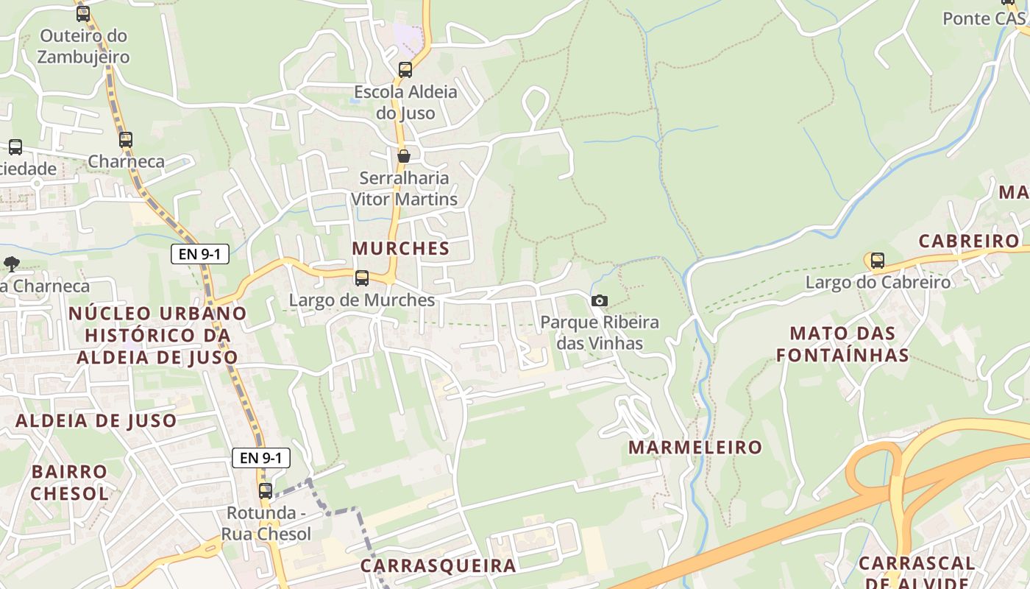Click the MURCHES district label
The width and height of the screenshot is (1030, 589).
(401, 248)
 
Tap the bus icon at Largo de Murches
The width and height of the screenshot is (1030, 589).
(361, 278)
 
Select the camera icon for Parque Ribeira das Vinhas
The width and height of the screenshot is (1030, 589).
(600, 300)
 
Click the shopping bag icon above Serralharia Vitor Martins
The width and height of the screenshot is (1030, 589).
(403, 156)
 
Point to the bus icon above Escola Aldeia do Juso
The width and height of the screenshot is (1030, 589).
(405, 70)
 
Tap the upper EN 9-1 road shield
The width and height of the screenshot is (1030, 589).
(199, 254)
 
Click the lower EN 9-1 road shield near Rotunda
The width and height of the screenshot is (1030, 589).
(261, 457)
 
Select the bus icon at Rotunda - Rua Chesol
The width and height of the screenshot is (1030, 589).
(265, 490)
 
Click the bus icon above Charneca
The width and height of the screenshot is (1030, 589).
(126, 139)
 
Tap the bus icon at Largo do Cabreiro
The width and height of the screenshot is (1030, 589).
(877, 260)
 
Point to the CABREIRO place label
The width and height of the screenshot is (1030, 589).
(969, 241)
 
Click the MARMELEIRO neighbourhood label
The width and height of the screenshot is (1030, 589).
(695, 447)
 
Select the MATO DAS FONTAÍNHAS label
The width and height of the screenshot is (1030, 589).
(842, 344)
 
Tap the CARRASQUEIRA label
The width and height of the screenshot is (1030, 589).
(438, 565)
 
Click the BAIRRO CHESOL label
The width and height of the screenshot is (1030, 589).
(69, 482)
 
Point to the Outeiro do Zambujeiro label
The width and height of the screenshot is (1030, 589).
(83, 46)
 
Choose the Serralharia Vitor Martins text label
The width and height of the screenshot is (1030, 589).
(404, 188)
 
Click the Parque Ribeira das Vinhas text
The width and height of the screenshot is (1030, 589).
(600, 333)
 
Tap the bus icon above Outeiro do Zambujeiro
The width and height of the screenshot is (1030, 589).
(82, 13)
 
